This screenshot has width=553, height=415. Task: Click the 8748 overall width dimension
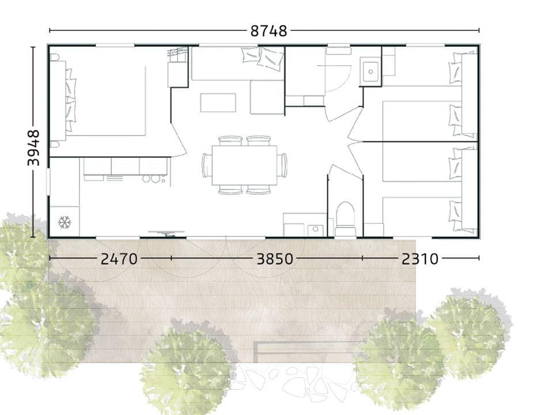click(269, 31)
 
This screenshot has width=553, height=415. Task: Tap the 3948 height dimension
click(34, 148)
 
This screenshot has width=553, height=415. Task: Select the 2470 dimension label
click(119, 259)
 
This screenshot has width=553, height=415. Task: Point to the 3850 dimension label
click(275, 259)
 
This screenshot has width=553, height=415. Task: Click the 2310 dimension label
click(420, 259)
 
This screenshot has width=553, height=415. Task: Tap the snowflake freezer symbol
click(65, 222)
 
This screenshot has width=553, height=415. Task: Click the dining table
click(244, 165)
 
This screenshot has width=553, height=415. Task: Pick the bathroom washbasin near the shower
click(370, 71)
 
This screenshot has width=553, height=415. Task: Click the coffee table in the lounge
click(218, 103)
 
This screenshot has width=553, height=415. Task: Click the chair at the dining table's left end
click(207, 165)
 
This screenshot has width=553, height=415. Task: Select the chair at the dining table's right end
click(282, 165)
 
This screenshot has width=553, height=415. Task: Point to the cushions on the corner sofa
click(263, 57)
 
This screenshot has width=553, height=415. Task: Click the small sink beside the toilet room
click(315, 230)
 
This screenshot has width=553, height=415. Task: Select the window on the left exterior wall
click(48, 182)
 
